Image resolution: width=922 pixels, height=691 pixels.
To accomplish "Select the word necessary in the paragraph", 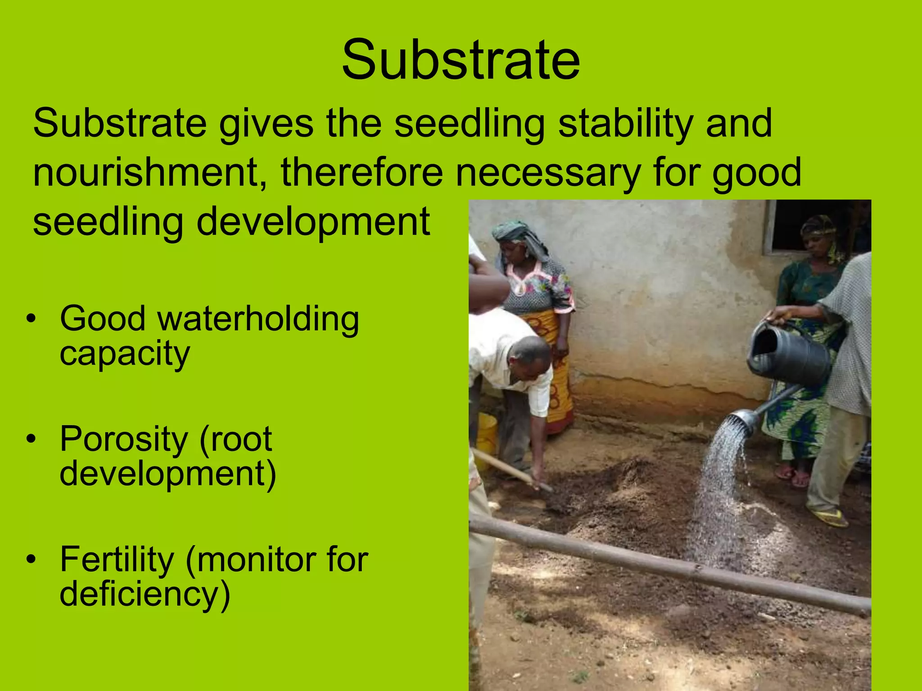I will coord(547,173).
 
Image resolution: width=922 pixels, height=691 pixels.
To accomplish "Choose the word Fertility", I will coord(117,559).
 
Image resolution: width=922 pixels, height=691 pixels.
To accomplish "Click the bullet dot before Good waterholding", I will coord(31,319).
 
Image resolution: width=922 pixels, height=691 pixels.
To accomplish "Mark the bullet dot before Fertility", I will coord(31,559).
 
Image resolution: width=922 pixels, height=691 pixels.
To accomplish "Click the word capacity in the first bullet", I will coord(125,354).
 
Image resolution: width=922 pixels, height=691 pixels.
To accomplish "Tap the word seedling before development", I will coord(108,222).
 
